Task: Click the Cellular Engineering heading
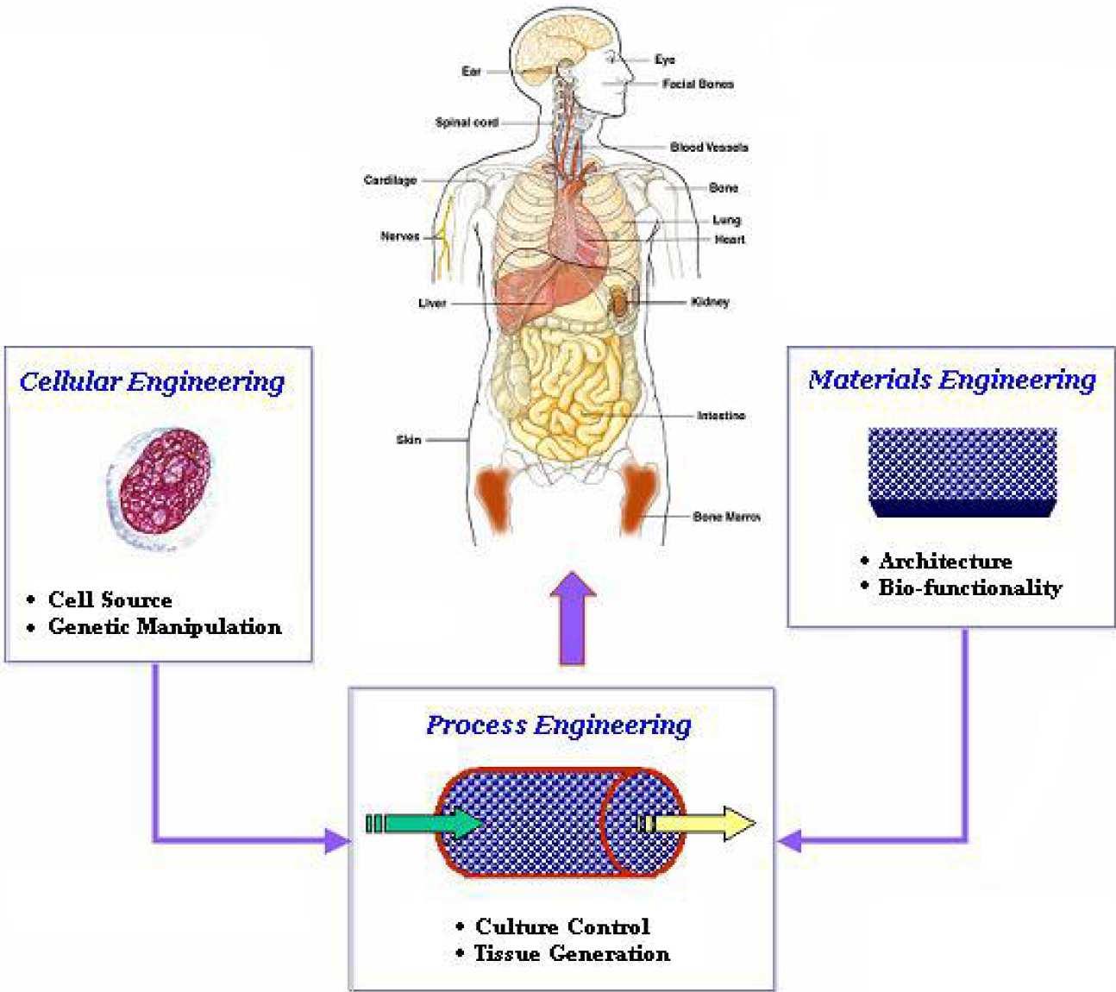pyautogui.click(x=152, y=381)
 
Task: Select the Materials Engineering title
pyautogui.click(x=951, y=380)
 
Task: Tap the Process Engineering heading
pyautogui.click(x=559, y=725)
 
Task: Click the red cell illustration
pyautogui.click(x=164, y=480)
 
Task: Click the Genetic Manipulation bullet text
pyautogui.click(x=165, y=627)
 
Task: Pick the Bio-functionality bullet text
pyautogui.click(x=970, y=588)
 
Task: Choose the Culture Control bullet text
pyautogui.click(x=562, y=927)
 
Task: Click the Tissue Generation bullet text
pyautogui.click(x=572, y=954)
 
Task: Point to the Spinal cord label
pyautogui.click(x=467, y=122)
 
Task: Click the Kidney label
pyautogui.click(x=710, y=302)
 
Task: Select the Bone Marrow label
pyautogui.click(x=726, y=517)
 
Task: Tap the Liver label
pyautogui.click(x=432, y=303)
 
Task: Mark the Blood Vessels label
pyautogui.click(x=709, y=148)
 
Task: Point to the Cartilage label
pyautogui.click(x=390, y=180)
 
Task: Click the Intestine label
pyautogui.click(x=721, y=416)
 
